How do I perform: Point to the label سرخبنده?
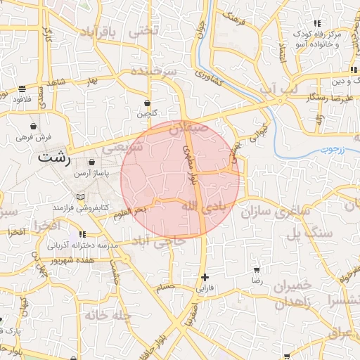coord(152,72)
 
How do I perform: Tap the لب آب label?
coord(278,89)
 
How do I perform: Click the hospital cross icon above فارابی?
coord(205,278)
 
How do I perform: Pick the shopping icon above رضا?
coord(257,269)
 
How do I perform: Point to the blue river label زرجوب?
coord(325,148)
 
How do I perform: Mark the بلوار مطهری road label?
coord(192,166)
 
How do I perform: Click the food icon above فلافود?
coord(22,89)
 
